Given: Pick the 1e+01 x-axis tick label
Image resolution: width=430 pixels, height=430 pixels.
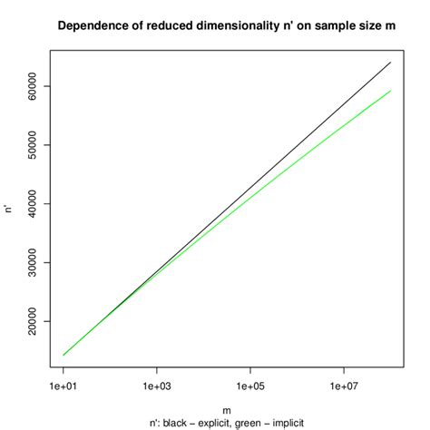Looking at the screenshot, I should (x=63, y=387).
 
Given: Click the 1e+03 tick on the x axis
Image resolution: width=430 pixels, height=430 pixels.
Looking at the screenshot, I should (x=156, y=387).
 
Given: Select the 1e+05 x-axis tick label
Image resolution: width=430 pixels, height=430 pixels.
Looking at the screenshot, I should (x=249, y=387).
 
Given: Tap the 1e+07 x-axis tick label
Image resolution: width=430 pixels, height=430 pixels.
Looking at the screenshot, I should (x=343, y=387).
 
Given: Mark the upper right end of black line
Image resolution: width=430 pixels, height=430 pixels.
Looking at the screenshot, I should (x=390, y=63).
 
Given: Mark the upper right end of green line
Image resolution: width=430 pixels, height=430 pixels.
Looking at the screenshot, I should (x=390, y=90).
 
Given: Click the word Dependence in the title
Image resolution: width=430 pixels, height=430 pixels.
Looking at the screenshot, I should (x=92, y=25).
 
